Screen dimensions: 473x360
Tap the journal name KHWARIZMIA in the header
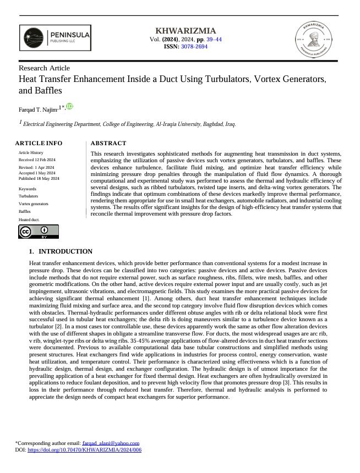point(186,31)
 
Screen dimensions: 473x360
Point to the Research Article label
point(44,68)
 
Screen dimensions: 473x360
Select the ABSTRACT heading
point(108,143)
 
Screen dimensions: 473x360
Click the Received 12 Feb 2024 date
point(38,159)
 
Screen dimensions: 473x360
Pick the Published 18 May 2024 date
point(39,179)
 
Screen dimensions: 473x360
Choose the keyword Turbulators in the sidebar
point(29,196)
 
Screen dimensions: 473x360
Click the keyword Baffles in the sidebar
point(25,211)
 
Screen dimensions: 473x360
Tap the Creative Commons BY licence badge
point(38,232)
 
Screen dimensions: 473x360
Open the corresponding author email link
point(110,443)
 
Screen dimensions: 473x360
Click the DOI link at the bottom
point(84,449)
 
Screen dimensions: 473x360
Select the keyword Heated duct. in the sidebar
point(29,219)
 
